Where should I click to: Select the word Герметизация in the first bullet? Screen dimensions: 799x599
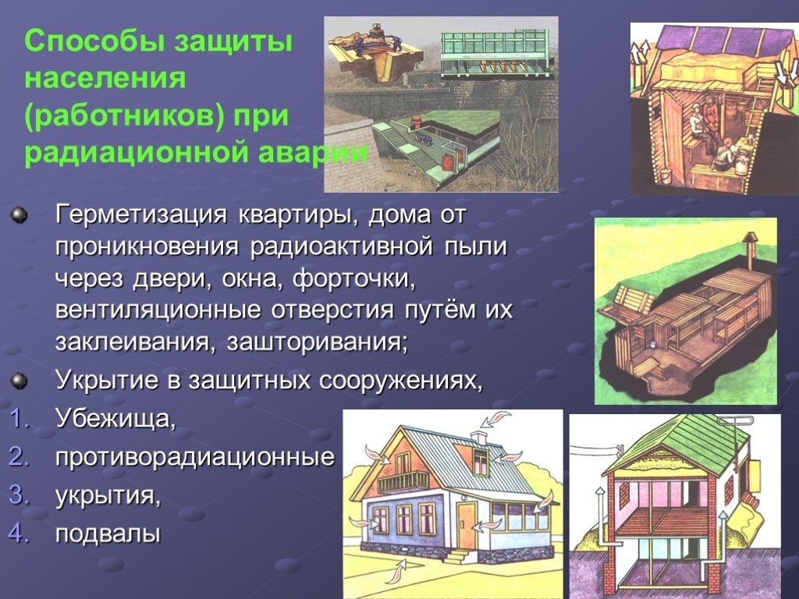click(141, 215)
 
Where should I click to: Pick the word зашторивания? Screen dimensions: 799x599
click(318, 342)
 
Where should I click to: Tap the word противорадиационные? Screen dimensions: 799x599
click(195, 458)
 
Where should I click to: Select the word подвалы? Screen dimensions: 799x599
click(108, 534)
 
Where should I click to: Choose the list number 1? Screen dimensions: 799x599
click(19, 419)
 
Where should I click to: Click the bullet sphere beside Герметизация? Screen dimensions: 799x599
click(19, 215)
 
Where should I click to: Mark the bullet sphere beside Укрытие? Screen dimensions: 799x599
click(19, 381)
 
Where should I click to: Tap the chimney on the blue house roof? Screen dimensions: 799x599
click(479, 438)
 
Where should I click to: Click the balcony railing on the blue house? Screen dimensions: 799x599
click(403, 481)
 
